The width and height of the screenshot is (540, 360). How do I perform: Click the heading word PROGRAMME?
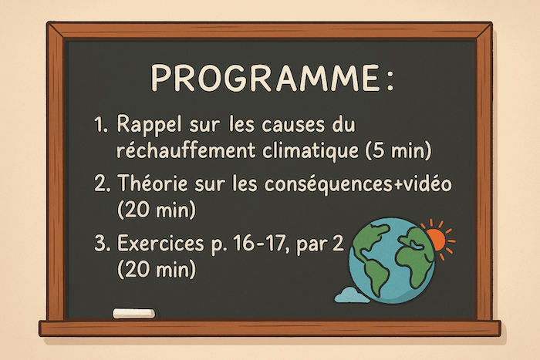[265, 78]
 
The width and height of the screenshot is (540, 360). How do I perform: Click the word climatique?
[310, 151]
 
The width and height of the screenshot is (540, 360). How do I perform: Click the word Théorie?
[153, 183]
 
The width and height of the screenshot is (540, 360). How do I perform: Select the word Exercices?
[160, 243]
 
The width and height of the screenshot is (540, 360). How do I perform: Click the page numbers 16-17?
[259, 244]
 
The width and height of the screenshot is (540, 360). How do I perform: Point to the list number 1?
[100, 126]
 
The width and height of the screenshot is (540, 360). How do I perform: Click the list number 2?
[103, 183]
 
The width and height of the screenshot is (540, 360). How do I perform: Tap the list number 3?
[102, 244]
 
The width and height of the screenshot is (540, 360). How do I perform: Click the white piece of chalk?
[134, 313]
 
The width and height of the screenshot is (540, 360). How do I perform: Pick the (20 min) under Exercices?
[157, 269]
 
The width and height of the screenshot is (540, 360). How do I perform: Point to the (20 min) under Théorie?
[157, 209]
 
